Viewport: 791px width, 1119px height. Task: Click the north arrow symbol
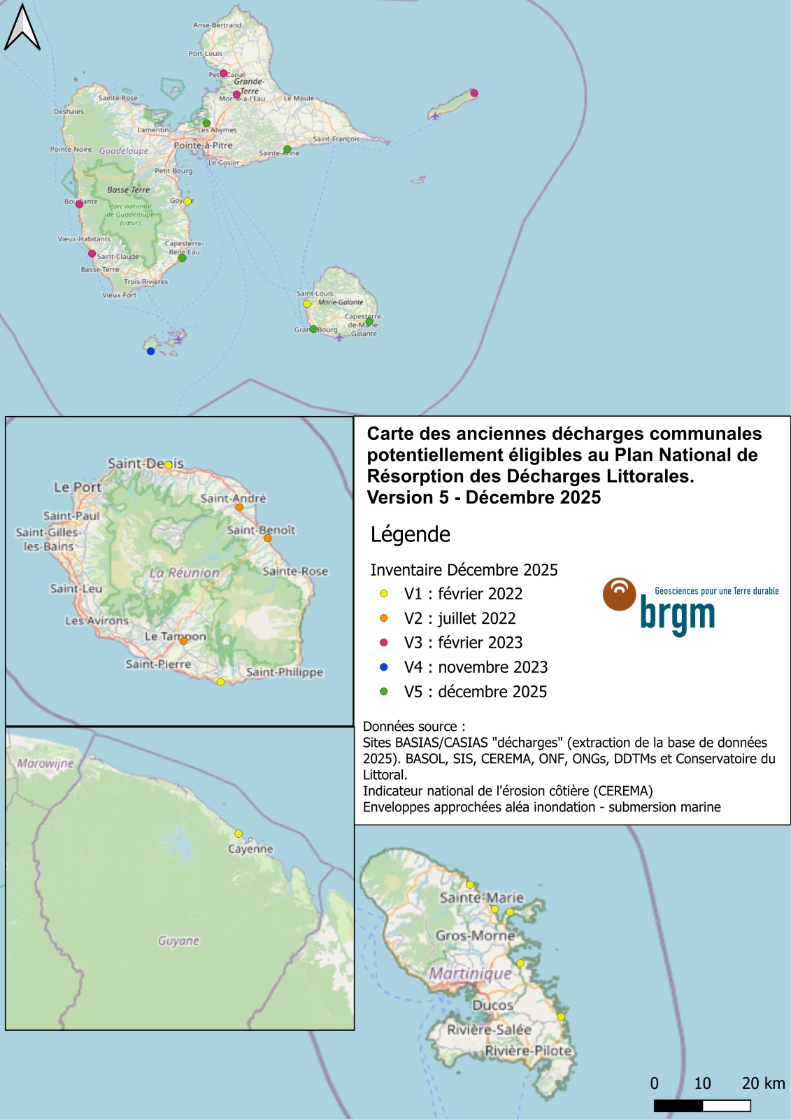[22, 28]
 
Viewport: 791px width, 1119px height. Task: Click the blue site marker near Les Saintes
[150, 351]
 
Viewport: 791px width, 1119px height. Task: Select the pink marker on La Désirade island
[473, 93]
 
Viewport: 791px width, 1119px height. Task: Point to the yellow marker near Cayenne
[238, 834]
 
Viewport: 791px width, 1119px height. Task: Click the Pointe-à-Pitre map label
[203, 145]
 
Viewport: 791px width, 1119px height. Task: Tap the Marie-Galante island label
[341, 302]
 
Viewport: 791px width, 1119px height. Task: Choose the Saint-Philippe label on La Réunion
[285, 672]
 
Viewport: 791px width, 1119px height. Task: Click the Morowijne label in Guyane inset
[45, 763]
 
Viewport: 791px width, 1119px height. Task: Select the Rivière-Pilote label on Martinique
[529, 1050]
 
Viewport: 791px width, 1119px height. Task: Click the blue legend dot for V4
[383, 667]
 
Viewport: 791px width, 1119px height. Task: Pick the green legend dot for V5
[383, 692]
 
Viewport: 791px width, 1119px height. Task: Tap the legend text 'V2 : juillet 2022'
[459, 618]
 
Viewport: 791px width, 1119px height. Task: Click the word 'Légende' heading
[411, 534]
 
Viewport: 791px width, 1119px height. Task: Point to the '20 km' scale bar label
[763, 1083]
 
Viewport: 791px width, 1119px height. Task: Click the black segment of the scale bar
[678, 1106]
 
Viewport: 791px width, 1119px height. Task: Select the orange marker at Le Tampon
[183, 641]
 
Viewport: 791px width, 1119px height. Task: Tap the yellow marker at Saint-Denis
[169, 464]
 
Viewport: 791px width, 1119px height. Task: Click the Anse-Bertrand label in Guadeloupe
[217, 25]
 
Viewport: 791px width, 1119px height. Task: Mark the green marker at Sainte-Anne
[287, 149]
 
